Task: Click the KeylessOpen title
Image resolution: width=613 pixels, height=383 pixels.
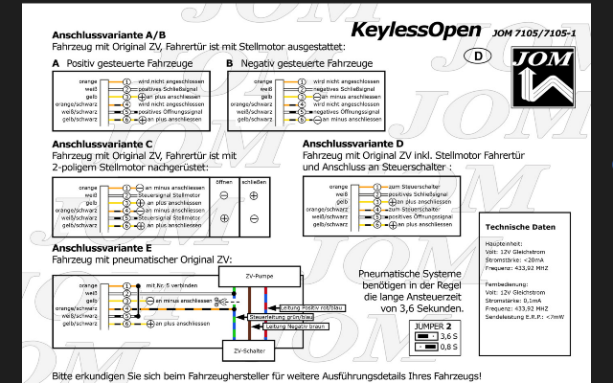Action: point(415,30)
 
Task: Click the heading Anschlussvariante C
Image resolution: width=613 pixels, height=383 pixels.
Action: point(102,145)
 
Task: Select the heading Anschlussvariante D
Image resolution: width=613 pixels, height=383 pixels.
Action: point(352,145)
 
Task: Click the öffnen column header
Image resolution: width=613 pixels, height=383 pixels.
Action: point(222,181)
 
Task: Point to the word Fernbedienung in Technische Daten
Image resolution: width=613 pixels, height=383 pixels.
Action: point(510,284)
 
